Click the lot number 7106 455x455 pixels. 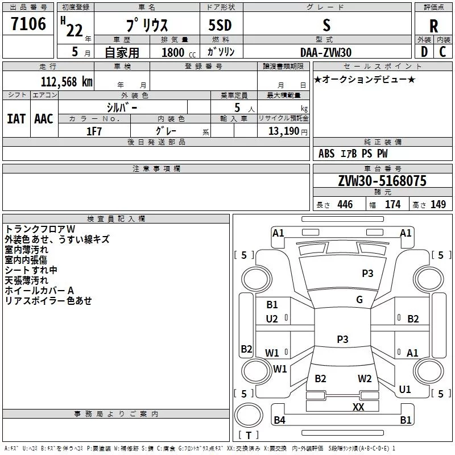(28, 24)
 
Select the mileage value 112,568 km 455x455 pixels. (67, 82)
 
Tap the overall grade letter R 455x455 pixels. (433, 26)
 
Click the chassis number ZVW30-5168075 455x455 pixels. (382, 181)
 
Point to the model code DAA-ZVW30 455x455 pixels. (326, 52)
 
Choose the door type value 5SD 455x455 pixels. (220, 25)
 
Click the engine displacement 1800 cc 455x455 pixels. (179, 52)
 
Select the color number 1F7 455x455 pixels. (94, 131)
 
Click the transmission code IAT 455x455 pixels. (16, 119)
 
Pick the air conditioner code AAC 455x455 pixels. (44, 119)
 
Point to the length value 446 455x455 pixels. (345, 204)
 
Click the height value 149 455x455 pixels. (438, 204)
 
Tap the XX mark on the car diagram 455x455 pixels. (358, 407)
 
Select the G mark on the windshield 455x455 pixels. (359, 300)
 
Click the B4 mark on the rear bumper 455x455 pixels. (279, 420)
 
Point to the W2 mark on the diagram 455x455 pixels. (365, 379)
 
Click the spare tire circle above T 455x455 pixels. (249, 415)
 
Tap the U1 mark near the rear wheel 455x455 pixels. (405, 390)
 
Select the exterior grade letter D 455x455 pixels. (424, 52)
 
